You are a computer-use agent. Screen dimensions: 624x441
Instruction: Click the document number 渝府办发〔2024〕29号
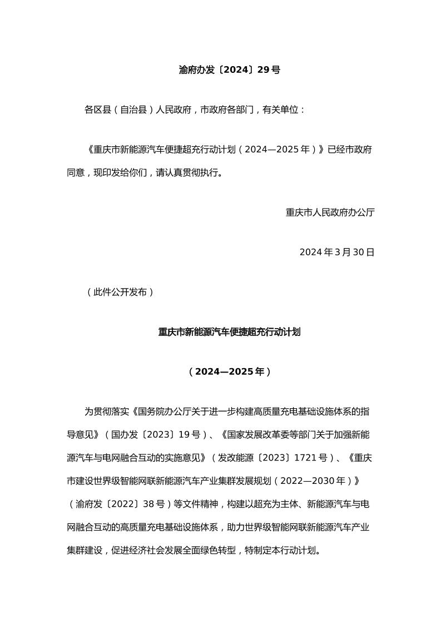pyautogui.click(x=229, y=70)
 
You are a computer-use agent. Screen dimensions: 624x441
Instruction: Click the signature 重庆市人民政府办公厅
pyautogui.click(x=330, y=212)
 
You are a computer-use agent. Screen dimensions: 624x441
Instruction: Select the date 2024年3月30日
pyautogui.click(x=337, y=252)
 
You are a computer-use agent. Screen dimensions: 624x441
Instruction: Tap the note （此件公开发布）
pyautogui.click(x=120, y=292)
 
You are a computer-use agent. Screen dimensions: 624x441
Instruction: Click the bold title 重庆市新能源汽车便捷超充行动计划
pyautogui.click(x=229, y=332)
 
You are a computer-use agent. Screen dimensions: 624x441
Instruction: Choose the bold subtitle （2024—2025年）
pyautogui.click(x=229, y=372)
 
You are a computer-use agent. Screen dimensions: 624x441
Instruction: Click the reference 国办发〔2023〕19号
pyautogui.click(x=155, y=433)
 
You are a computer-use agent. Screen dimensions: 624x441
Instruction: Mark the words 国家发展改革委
pyautogui.click(x=254, y=433)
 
